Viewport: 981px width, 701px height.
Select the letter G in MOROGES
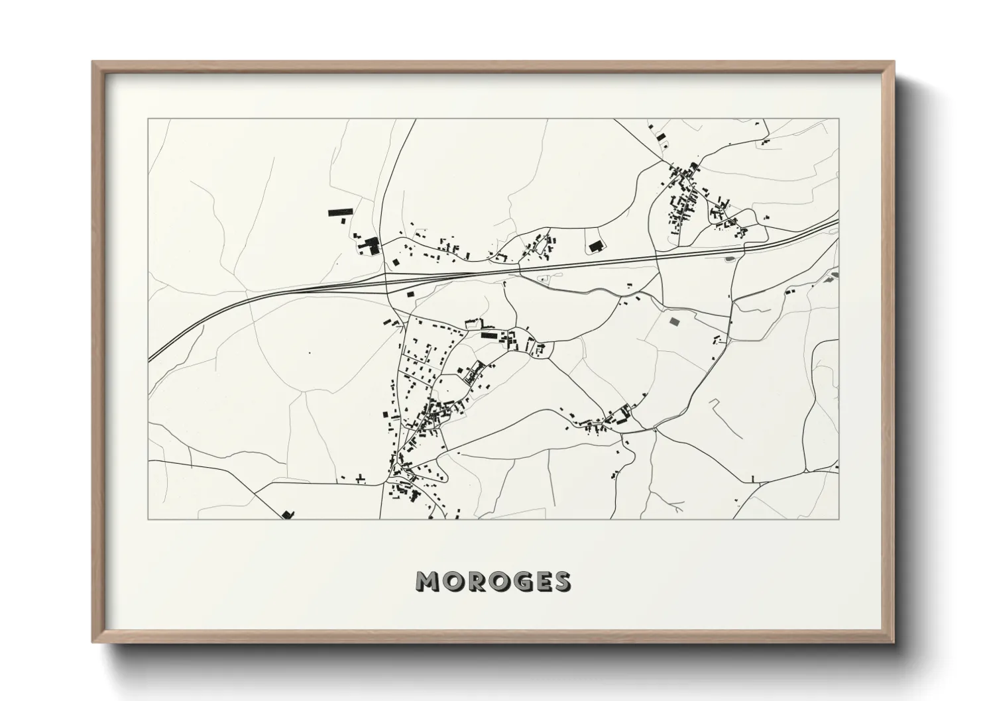(x=517, y=582)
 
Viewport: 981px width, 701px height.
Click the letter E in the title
(x=540, y=582)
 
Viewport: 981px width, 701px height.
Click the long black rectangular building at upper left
(x=339, y=212)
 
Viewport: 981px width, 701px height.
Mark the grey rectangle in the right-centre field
(x=675, y=321)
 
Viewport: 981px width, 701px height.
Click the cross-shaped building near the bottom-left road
(x=361, y=478)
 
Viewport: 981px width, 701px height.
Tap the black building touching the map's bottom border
(x=287, y=514)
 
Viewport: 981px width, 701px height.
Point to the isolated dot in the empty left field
(x=309, y=352)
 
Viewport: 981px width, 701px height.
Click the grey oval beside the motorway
(x=730, y=258)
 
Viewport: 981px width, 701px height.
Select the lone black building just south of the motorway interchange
(x=410, y=292)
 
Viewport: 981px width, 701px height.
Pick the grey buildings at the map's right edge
(x=833, y=276)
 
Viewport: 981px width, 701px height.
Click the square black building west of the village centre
(x=384, y=415)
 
